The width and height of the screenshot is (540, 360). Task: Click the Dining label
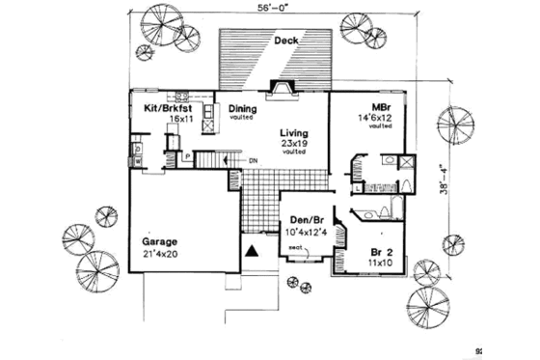(x=241, y=109)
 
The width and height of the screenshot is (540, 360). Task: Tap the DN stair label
(x=254, y=160)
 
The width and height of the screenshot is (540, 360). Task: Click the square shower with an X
(x=408, y=162)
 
